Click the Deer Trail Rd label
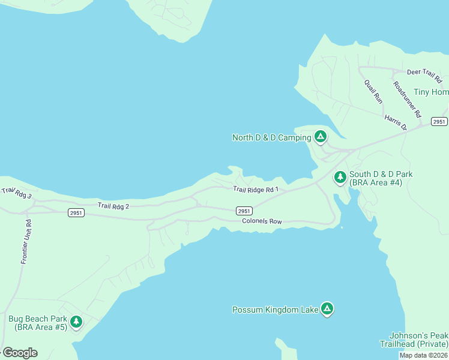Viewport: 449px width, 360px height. coord(424,72)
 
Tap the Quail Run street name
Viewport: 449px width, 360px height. coord(373,91)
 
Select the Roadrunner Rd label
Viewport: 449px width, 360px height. coord(408,99)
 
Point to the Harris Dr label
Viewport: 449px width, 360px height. coord(396,122)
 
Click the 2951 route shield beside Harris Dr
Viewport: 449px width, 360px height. coord(439,122)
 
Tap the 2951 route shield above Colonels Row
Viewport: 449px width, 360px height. coord(244,211)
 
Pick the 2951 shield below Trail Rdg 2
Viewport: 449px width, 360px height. coord(76,212)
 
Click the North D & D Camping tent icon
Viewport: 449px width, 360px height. coord(321,137)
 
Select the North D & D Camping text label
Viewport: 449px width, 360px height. coord(271,138)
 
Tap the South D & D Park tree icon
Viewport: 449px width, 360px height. coord(340,177)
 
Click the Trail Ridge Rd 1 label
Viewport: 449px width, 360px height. coord(257,190)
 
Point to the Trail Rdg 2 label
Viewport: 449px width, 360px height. coord(113,206)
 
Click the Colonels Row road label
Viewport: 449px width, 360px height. coord(262,221)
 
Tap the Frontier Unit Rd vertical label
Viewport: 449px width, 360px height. coord(26,242)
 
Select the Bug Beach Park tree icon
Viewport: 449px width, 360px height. coord(76,322)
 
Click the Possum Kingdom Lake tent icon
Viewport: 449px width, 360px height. coord(327,309)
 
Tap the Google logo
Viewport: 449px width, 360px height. coord(20,353)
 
